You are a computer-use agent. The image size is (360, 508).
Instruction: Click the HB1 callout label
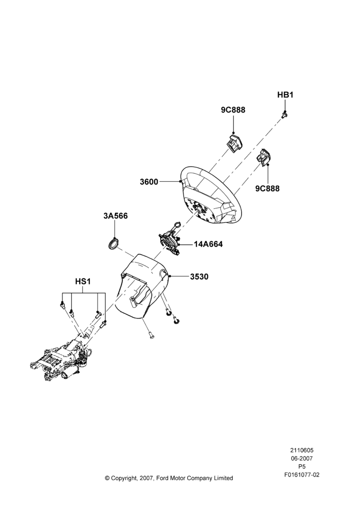point(285,95)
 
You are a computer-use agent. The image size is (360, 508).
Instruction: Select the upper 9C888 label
point(233,110)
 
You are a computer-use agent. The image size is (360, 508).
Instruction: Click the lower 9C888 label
point(267,188)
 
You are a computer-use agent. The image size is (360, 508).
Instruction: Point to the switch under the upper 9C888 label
point(234,143)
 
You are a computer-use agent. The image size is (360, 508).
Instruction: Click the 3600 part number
point(149,182)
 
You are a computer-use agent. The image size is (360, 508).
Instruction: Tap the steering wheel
point(211,196)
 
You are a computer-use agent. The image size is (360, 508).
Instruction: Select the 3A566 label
point(115,216)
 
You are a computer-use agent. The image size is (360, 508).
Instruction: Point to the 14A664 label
point(208,244)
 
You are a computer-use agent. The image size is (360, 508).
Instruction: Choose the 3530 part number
point(199,277)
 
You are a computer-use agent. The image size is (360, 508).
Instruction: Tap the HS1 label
point(83,281)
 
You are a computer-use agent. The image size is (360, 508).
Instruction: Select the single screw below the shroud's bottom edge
point(151,336)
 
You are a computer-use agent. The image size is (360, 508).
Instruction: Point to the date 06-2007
point(302,458)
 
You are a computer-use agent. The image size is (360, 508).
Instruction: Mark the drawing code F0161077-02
point(302,475)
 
